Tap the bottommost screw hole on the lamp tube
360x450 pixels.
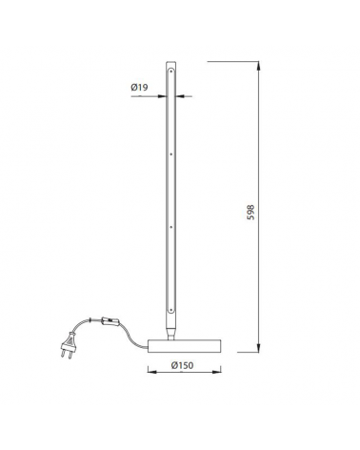[x=170, y=308]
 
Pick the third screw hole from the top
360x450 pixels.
[x=170, y=229]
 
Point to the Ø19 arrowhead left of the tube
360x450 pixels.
[x=160, y=95]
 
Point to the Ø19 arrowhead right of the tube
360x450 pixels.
[x=181, y=95]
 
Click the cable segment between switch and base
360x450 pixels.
[x=133, y=335]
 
